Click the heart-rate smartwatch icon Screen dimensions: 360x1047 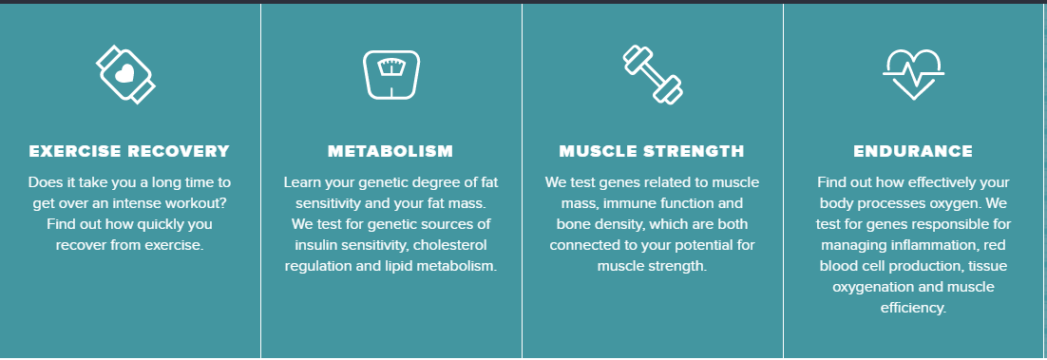point(128,72)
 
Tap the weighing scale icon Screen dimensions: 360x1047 point(390,73)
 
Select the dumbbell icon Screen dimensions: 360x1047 point(652,73)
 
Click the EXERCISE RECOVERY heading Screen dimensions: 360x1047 point(129,151)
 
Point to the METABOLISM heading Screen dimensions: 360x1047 point(390,151)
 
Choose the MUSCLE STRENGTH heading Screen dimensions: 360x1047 point(652,151)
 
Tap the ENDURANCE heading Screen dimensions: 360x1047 point(913,151)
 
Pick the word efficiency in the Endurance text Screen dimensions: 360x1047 point(913,308)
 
